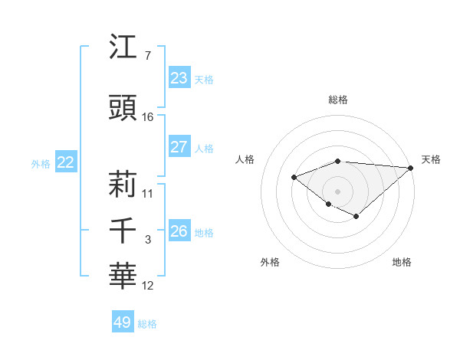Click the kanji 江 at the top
(x=123, y=47)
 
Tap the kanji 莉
(x=123, y=184)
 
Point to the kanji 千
(x=123, y=231)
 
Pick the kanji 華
(x=123, y=275)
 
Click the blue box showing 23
(x=179, y=78)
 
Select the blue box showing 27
(x=179, y=147)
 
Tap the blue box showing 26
(x=179, y=231)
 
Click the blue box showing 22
(x=66, y=162)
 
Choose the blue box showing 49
(x=123, y=322)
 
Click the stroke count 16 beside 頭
(x=148, y=117)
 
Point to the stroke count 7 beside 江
(x=147, y=56)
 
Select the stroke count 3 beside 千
(x=147, y=240)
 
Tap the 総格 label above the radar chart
(x=338, y=100)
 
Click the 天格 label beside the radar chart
(x=431, y=159)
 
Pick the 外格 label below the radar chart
(x=270, y=262)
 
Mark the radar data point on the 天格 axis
(x=411, y=167)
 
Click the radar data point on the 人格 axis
(x=294, y=177)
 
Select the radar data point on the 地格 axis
(x=356, y=217)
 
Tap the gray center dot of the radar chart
(x=338, y=191)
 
